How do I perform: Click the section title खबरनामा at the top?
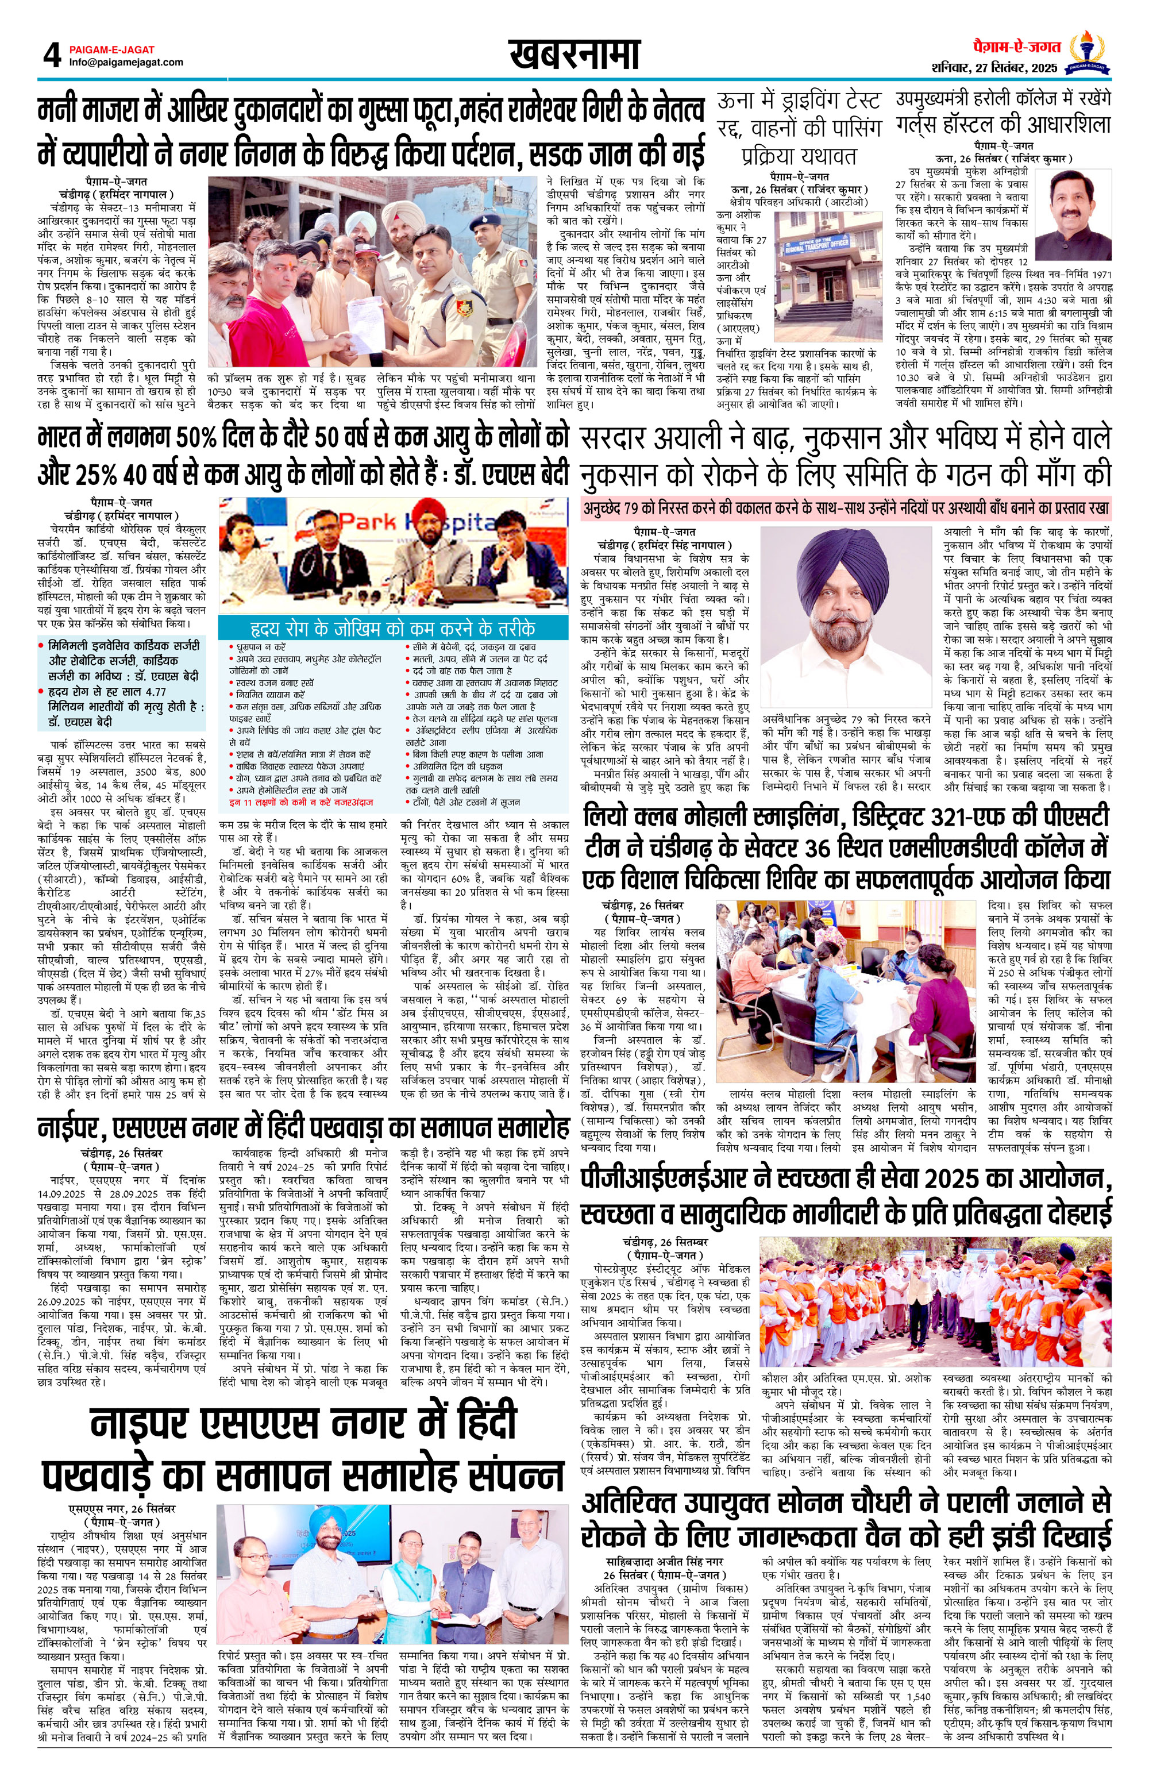(x=574, y=55)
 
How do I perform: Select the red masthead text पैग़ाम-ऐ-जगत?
(x=1016, y=47)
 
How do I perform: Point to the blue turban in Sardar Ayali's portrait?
(x=845, y=560)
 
